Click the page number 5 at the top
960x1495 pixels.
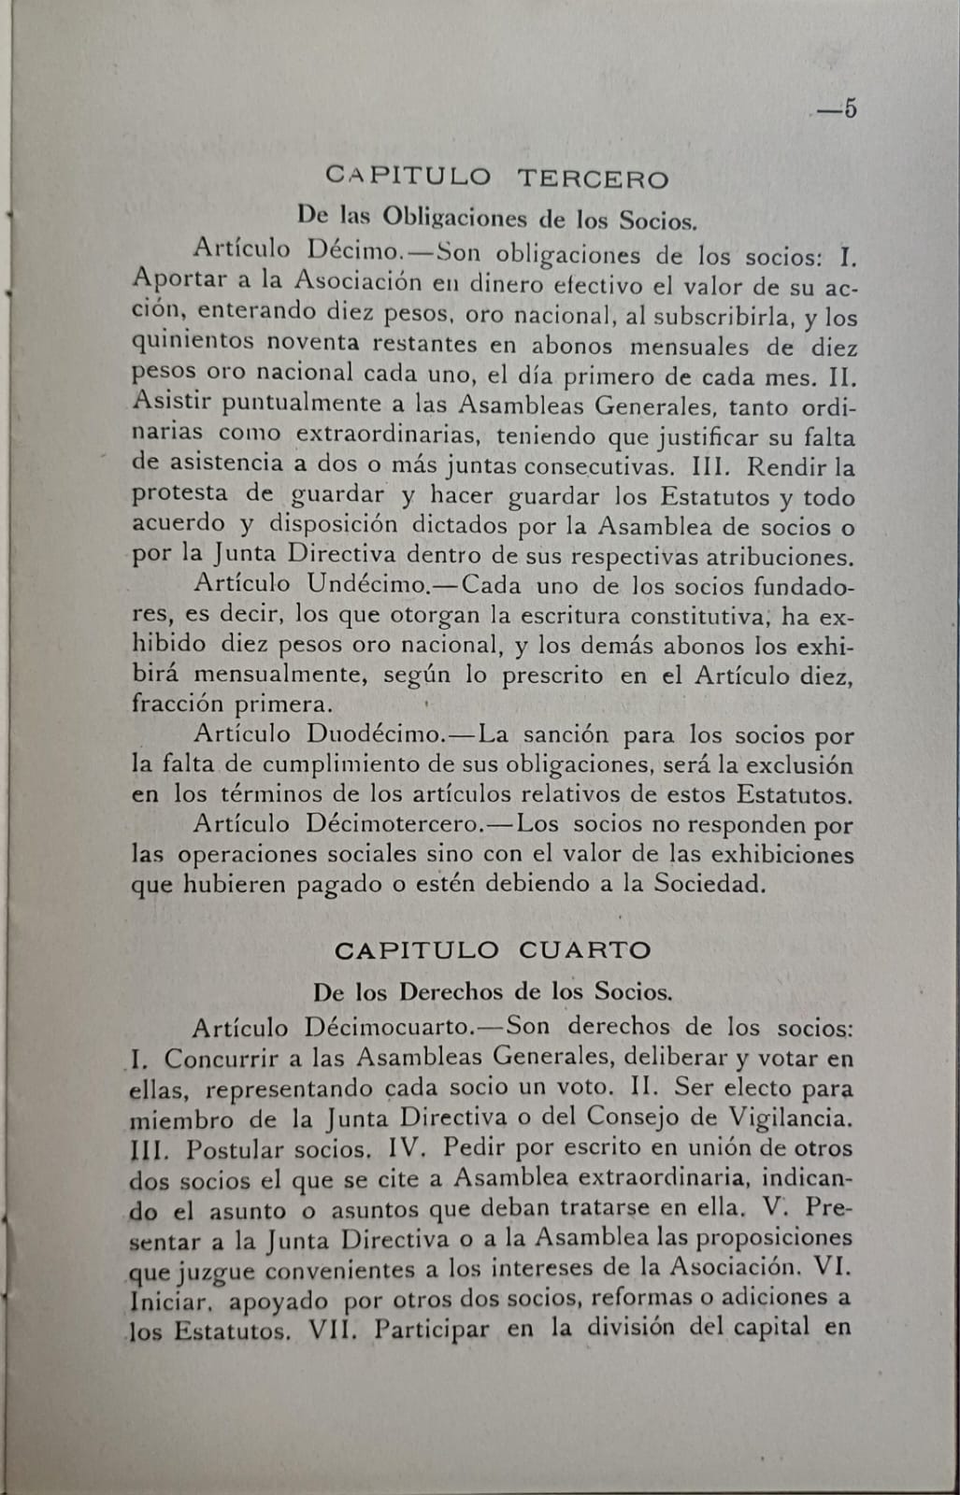point(849,109)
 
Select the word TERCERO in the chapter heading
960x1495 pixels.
point(593,178)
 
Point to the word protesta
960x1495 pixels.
point(179,494)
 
